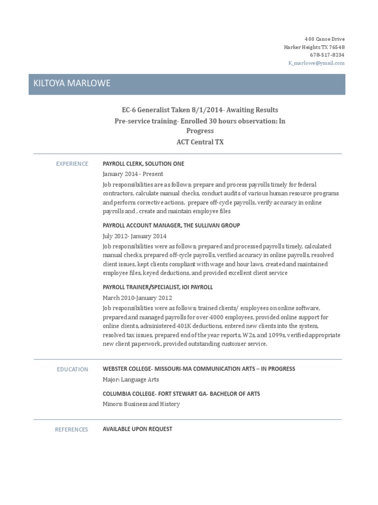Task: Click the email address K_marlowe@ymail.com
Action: [x=316, y=63]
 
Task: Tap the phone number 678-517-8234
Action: [x=327, y=55]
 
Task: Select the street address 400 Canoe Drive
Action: [x=324, y=38]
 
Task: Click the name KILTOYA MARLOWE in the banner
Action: [x=71, y=83]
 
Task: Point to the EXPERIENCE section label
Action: [x=72, y=164]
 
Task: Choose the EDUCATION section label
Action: [x=72, y=369]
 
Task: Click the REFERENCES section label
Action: [x=71, y=430]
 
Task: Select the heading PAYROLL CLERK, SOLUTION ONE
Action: [x=143, y=164]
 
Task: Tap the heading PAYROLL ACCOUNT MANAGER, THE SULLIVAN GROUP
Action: [x=171, y=225]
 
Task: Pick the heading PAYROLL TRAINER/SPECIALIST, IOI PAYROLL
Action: [x=157, y=287]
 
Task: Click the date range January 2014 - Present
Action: [x=132, y=174]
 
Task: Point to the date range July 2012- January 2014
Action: [x=136, y=235]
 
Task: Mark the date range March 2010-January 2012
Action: [x=137, y=297]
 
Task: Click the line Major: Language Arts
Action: [x=130, y=379]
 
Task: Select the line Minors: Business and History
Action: [x=141, y=404]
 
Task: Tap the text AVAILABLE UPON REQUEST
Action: [x=137, y=429]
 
